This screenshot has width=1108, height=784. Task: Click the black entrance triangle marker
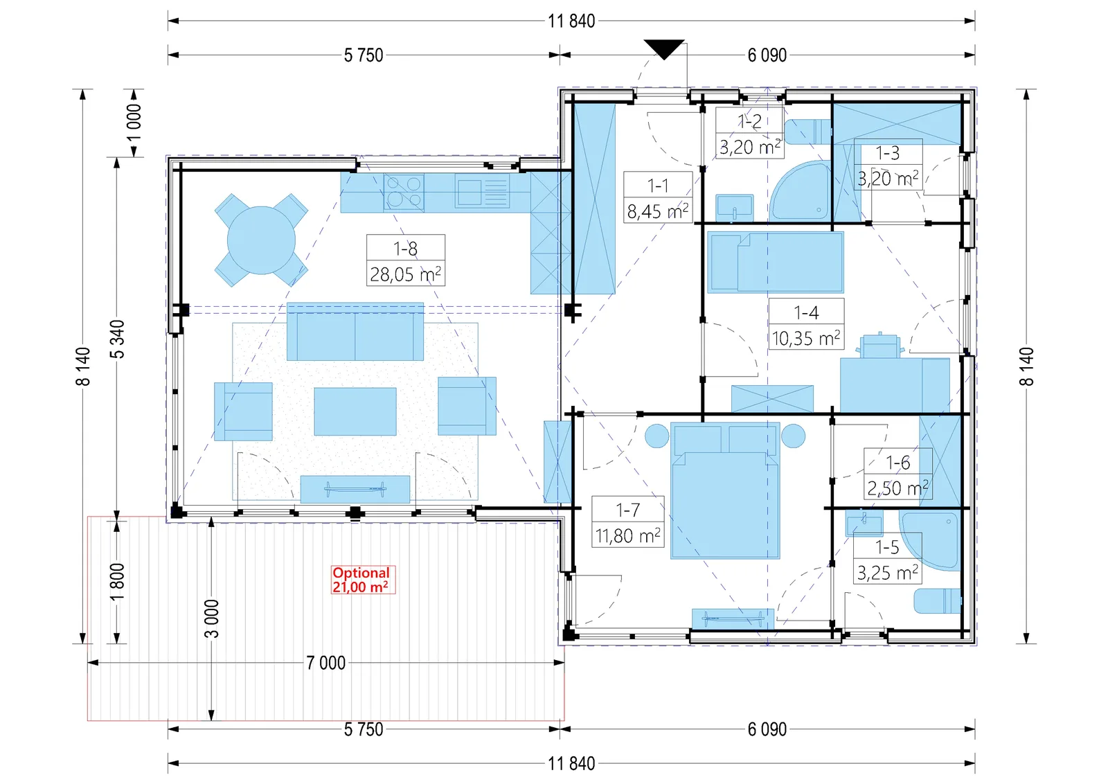[664, 48]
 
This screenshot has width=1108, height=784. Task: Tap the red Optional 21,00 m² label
[363, 580]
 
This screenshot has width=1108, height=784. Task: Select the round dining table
[261, 240]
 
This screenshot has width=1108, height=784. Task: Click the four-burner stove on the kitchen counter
[404, 193]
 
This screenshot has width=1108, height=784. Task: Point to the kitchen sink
[482, 193]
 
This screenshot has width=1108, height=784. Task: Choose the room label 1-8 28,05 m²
[406, 260]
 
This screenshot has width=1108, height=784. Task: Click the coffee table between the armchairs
[355, 411]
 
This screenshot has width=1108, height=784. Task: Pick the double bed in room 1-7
[725, 490]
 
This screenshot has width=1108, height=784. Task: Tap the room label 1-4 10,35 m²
[806, 324]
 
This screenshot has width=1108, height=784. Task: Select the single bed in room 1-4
[776, 262]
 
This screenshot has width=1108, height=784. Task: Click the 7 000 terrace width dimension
[326, 663]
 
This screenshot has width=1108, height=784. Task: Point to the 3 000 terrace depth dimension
[211, 618]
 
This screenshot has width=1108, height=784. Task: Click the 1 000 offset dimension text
[134, 123]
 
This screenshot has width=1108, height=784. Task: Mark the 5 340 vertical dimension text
[118, 339]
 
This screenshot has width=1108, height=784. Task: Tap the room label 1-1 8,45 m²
[658, 197]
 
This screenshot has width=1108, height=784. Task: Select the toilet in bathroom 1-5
[938, 601]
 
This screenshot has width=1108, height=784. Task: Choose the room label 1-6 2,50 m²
[897, 475]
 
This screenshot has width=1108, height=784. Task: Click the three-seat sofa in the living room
[355, 332]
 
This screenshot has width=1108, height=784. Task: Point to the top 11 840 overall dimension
[571, 21]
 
